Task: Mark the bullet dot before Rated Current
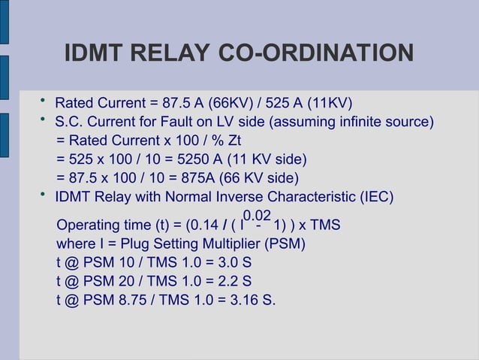[x=44, y=101]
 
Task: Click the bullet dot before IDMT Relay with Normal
[x=44, y=195]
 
